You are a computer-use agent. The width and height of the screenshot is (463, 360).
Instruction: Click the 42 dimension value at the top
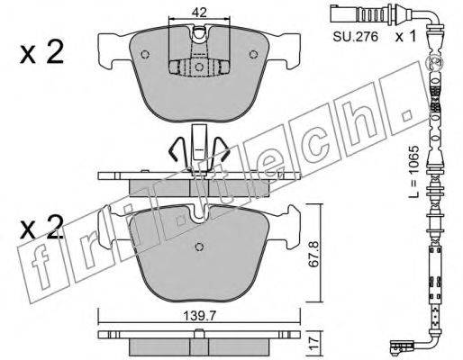(199, 13)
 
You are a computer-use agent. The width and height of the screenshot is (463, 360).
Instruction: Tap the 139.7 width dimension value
(200, 315)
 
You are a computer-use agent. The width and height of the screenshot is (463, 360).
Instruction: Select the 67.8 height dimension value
(313, 254)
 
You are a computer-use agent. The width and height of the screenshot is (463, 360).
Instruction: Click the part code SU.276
(355, 37)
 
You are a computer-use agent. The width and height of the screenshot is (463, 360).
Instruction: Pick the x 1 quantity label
(405, 37)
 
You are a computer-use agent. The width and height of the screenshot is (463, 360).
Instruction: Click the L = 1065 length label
(413, 171)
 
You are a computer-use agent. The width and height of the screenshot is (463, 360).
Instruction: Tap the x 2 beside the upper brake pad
(41, 52)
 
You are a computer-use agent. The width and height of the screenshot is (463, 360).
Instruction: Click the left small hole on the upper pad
(145, 54)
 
